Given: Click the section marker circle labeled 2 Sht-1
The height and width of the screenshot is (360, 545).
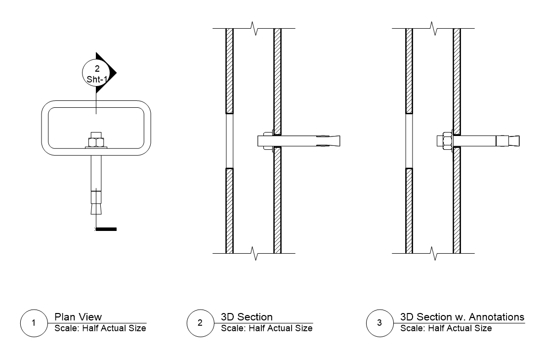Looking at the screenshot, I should point(96,73).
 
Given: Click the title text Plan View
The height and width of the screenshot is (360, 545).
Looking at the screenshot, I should point(78,317).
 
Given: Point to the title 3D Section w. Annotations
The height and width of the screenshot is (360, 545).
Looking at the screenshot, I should point(462,317).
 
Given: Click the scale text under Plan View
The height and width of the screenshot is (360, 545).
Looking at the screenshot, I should point(100,328).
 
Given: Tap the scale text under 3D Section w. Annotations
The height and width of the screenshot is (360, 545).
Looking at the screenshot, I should point(446,328).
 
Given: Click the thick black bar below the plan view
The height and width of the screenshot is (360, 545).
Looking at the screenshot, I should point(107,229).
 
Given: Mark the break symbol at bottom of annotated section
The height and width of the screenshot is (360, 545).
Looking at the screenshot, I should point(434,254).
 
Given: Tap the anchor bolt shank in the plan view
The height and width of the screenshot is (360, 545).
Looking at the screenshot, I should point(96,171).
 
